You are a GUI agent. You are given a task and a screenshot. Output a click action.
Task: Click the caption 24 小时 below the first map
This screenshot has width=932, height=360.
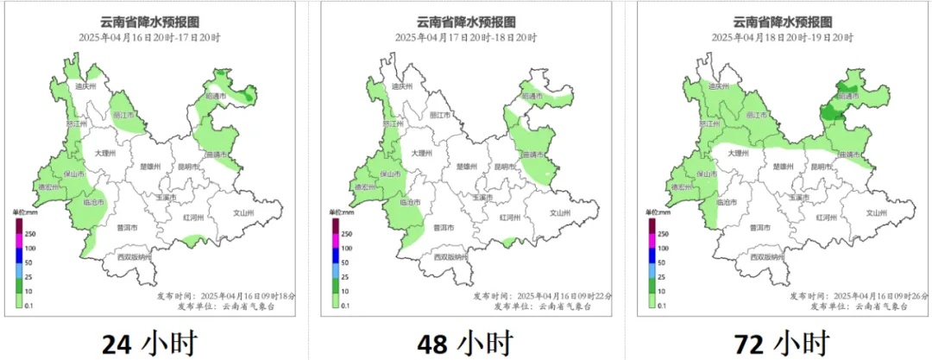tap(149, 343)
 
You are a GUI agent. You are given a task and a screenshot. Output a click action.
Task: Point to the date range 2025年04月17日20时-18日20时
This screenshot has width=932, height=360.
tap(466, 38)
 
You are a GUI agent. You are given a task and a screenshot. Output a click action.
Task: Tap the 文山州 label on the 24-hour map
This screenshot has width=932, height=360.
tap(244, 212)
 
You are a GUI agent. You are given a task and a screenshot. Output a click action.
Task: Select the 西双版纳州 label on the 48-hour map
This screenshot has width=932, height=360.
tap(451, 257)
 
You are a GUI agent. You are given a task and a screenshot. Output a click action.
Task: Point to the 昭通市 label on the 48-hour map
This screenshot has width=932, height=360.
tap(532, 97)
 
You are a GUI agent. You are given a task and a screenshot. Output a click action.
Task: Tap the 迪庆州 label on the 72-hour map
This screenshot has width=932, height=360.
tap(717, 86)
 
